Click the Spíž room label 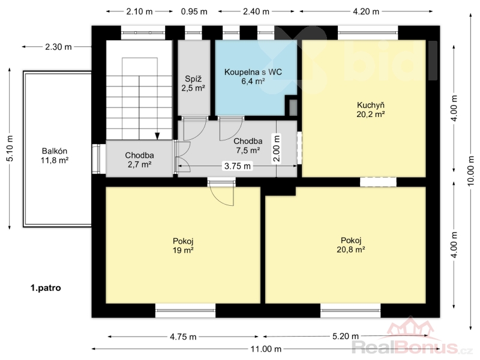(193, 79)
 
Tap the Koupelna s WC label (253, 72)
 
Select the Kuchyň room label (371, 106)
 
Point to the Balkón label (55, 151)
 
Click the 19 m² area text (183, 250)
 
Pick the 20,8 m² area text (351, 250)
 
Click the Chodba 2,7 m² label (139, 160)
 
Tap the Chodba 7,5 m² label (248, 146)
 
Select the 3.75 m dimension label (237, 166)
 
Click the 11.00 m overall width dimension (266, 349)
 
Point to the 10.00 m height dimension (471, 171)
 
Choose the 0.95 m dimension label (194, 11)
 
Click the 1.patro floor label (46, 288)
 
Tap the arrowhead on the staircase (157, 136)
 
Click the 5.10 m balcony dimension (10, 148)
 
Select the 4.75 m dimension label (183, 337)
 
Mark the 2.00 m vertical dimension (277, 148)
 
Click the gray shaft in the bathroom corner (293, 107)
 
